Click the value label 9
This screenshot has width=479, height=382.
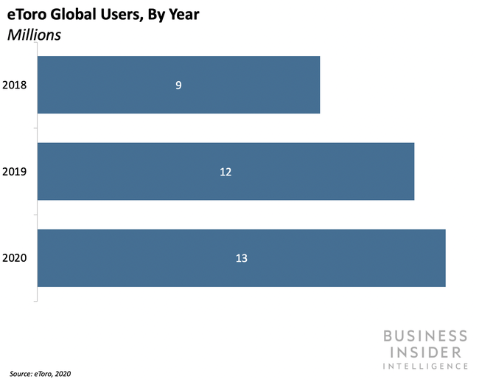tap(178, 85)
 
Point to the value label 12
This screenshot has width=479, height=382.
tap(225, 172)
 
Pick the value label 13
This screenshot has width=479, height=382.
tap(241, 258)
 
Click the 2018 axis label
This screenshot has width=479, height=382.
tap(15, 85)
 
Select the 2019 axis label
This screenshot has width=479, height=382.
tap(15, 172)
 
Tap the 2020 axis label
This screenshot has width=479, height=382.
tap(15, 258)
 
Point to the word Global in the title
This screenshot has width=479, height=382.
tap(72, 15)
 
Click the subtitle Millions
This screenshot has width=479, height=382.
tap(35, 34)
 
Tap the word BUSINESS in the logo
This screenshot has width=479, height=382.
tap(425, 336)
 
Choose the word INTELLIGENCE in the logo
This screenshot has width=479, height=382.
tap(425, 365)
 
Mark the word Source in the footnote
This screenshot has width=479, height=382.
tap(21, 374)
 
